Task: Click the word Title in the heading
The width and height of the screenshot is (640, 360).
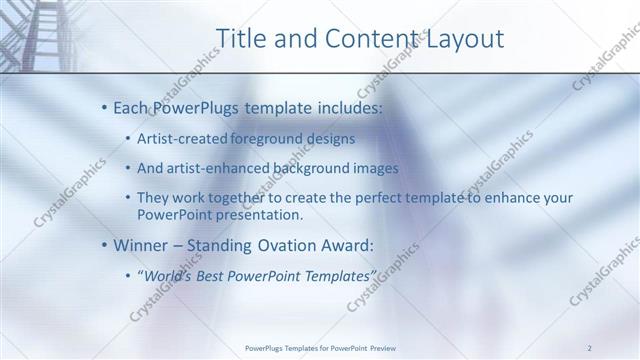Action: (x=240, y=39)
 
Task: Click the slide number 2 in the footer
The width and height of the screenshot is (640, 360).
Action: (x=590, y=347)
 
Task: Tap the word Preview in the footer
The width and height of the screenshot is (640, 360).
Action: (x=382, y=347)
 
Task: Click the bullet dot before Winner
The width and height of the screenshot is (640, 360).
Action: (x=105, y=246)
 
